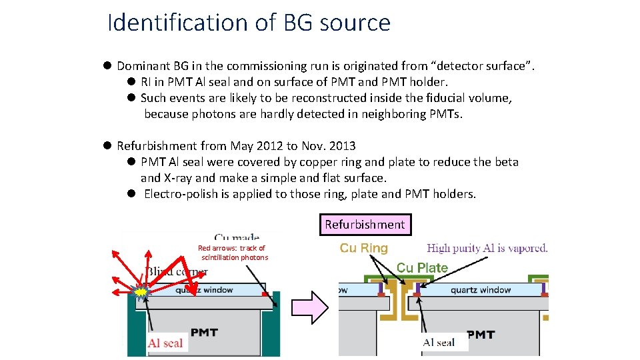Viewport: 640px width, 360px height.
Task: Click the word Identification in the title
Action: (x=178, y=23)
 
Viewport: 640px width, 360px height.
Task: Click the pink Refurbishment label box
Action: (x=365, y=225)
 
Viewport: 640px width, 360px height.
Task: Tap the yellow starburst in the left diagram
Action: (x=141, y=291)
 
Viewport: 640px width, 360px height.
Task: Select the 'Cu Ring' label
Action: (x=363, y=248)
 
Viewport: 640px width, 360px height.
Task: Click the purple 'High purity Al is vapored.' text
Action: (x=487, y=248)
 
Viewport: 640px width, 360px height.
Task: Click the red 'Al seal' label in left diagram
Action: (x=165, y=343)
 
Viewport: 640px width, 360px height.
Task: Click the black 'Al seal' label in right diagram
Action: (x=439, y=343)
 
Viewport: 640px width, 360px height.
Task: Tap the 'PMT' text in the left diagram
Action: (x=204, y=332)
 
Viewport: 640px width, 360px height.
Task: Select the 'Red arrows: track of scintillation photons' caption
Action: (x=233, y=253)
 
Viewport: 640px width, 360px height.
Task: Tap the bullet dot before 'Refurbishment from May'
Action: (x=107, y=146)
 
